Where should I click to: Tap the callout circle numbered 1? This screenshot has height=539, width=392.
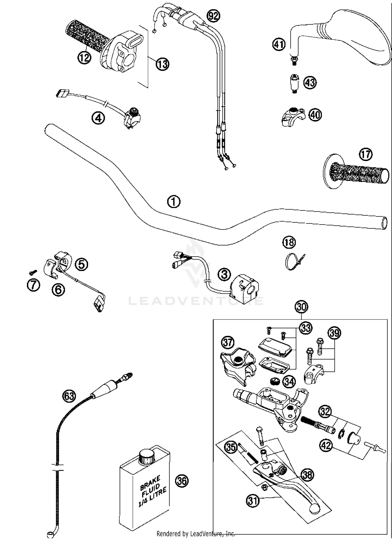(x=174, y=202)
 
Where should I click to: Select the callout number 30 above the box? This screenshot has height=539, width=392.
(x=301, y=307)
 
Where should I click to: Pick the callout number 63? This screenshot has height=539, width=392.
(x=69, y=396)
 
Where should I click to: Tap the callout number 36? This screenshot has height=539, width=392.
(x=182, y=481)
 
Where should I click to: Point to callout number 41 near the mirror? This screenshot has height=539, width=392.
(x=279, y=44)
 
